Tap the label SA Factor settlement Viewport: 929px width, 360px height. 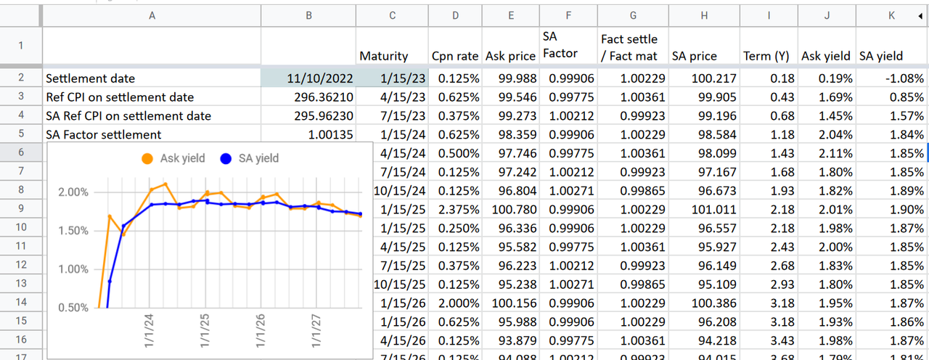pos(103,134)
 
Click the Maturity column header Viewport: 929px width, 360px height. pos(384,56)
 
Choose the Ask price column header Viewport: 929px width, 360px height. pos(511,56)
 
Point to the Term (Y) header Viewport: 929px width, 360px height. pos(766,56)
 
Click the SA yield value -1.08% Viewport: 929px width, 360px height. pos(891,78)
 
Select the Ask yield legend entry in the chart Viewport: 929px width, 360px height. pos(173,158)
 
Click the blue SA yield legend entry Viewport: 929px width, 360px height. pos(250,158)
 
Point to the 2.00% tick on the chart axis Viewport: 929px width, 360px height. pos(73,192)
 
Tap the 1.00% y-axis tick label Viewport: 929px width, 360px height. pos(73,269)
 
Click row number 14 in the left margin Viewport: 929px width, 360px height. pos(21,301)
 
